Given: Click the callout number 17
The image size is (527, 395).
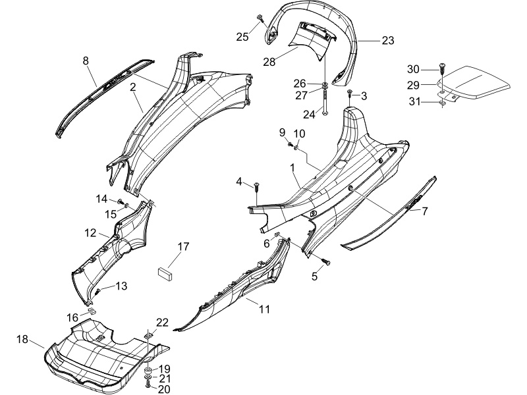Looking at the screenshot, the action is pyautogui.click(x=184, y=246).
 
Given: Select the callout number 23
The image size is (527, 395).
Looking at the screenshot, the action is pyautogui.click(x=388, y=40).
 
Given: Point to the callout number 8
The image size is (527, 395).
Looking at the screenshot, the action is pyautogui.click(x=86, y=61).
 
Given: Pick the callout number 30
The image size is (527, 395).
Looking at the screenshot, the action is pyautogui.click(x=414, y=69).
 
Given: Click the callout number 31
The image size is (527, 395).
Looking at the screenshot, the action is pyautogui.click(x=415, y=101).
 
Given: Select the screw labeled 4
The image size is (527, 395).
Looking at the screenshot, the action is pyautogui.click(x=256, y=188).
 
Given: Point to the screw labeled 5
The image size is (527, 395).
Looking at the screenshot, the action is pyautogui.click(x=326, y=261).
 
